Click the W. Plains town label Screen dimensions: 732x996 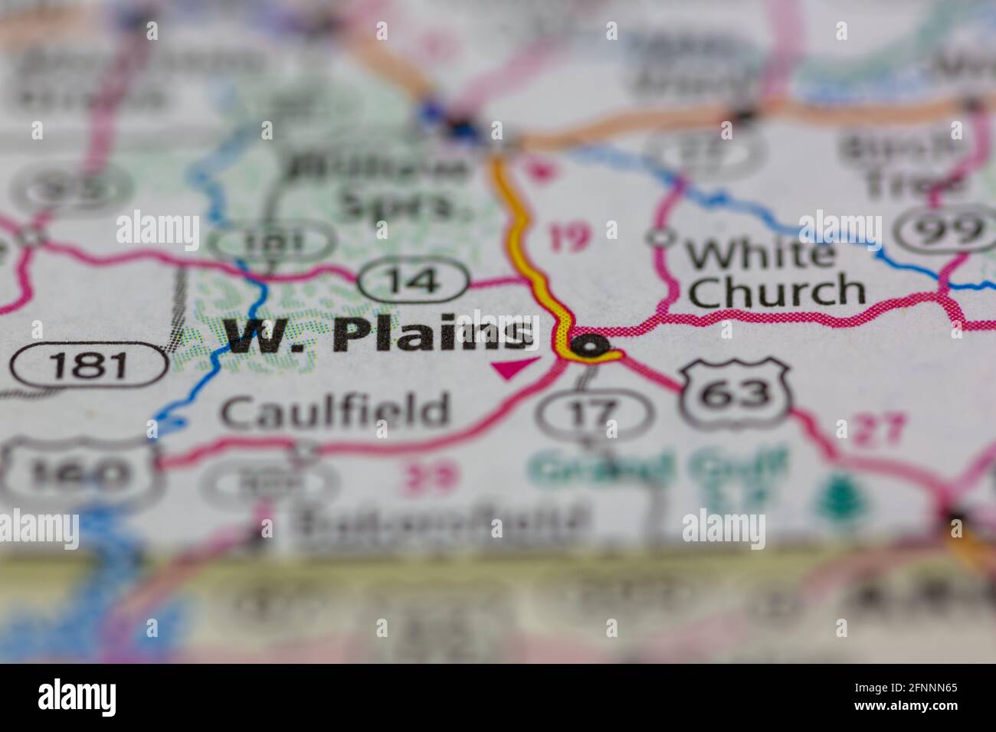[379, 335]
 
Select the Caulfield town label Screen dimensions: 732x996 [334, 411]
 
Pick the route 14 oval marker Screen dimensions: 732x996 [414, 280]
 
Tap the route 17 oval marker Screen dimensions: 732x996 [595, 413]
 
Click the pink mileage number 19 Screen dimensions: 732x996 [569, 238]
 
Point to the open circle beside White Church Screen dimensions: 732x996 [659, 237]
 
